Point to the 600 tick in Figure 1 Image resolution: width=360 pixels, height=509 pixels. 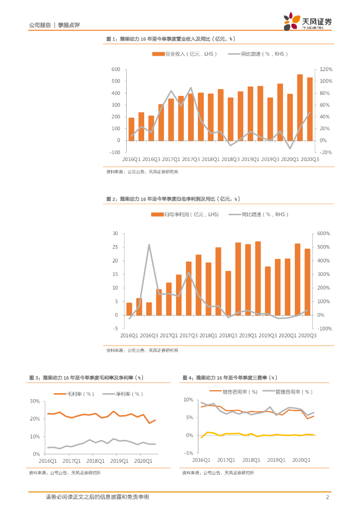click(116, 70)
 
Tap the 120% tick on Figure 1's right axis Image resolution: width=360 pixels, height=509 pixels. click(326, 70)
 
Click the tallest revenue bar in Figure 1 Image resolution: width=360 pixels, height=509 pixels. click(300, 107)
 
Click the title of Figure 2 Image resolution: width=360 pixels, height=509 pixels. click(173, 199)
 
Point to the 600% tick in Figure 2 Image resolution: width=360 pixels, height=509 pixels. click(324, 234)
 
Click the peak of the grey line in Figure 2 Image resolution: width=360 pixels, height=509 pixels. click(149, 245)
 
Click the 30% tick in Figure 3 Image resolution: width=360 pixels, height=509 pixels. click(35, 401)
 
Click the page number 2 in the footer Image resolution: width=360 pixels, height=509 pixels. click(327, 497)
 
